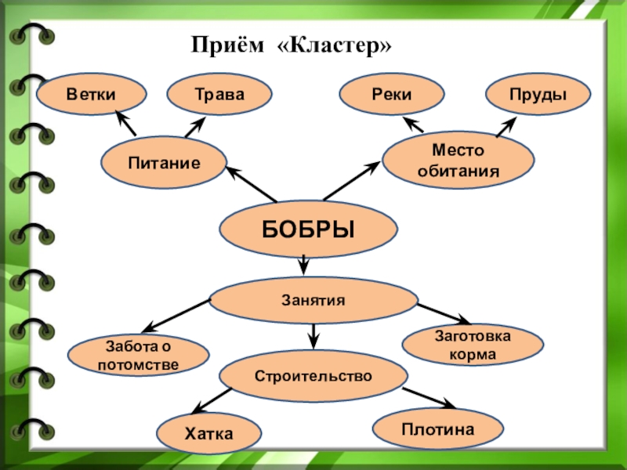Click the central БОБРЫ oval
[308, 230]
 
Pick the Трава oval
[219, 95]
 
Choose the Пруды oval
[538, 95]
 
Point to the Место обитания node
[458, 159]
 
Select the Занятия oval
[313, 299]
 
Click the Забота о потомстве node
[139, 355]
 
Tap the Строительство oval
[313, 376]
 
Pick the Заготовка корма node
[473, 345]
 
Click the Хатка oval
[208, 432]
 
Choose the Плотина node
[437, 428]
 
